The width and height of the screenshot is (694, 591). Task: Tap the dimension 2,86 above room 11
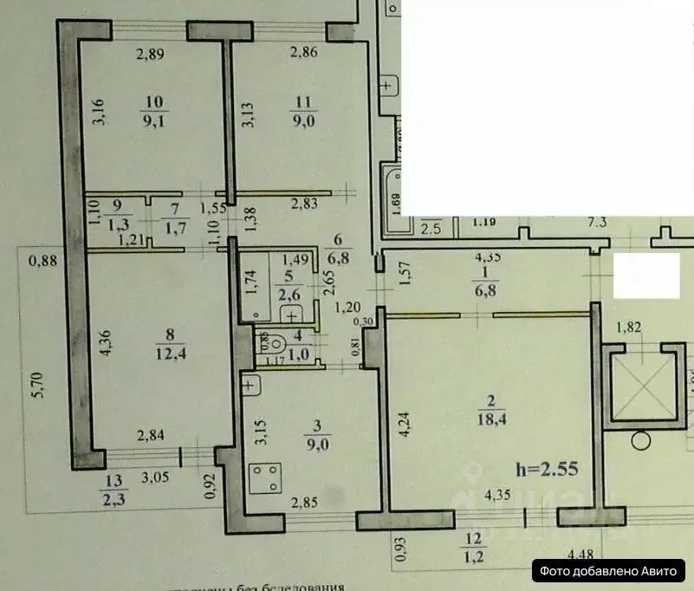pos(305,54)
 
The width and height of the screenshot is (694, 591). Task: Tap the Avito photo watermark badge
pos(612,570)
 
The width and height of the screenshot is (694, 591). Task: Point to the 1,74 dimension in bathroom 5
pos(251,283)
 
